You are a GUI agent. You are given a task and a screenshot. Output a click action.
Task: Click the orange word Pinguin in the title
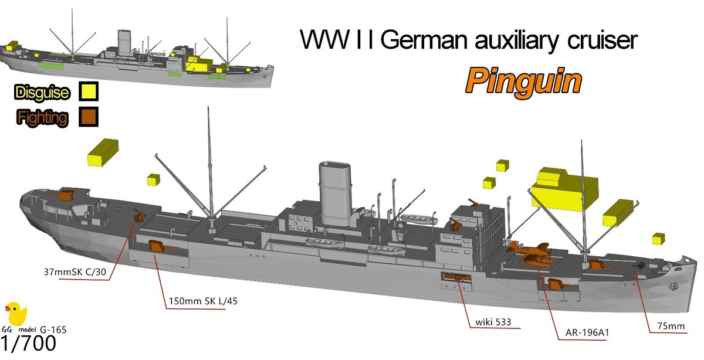[x=524, y=82]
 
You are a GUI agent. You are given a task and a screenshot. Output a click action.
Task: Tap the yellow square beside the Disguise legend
[x=90, y=92]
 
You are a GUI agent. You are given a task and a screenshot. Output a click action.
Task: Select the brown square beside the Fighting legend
[x=90, y=117]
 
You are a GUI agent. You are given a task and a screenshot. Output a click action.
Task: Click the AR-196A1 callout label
[x=584, y=332]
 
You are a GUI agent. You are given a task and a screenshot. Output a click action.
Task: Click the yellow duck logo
[x=15, y=314]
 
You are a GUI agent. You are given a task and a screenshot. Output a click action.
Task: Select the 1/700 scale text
[x=29, y=343]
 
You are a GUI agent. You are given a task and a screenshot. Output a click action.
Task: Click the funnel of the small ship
[x=124, y=42]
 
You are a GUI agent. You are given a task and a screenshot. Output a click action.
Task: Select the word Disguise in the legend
[x=42, y=93]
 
